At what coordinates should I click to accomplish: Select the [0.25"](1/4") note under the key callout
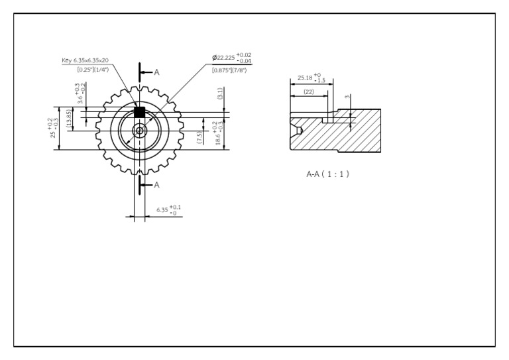(87, 68)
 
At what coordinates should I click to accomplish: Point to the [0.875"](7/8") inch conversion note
(229, 70)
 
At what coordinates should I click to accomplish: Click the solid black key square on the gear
(140, 111)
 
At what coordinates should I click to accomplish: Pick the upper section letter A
(156, 72)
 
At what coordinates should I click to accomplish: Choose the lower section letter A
(156, 185)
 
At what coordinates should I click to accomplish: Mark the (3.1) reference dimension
(220, 97)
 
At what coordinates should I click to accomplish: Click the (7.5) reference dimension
(199, 139)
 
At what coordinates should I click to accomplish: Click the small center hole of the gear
(140, 130)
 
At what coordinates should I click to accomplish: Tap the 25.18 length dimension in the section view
(310, 78)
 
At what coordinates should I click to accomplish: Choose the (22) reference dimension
(308, 91)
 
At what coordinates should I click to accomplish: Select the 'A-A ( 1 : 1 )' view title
(327, 174)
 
